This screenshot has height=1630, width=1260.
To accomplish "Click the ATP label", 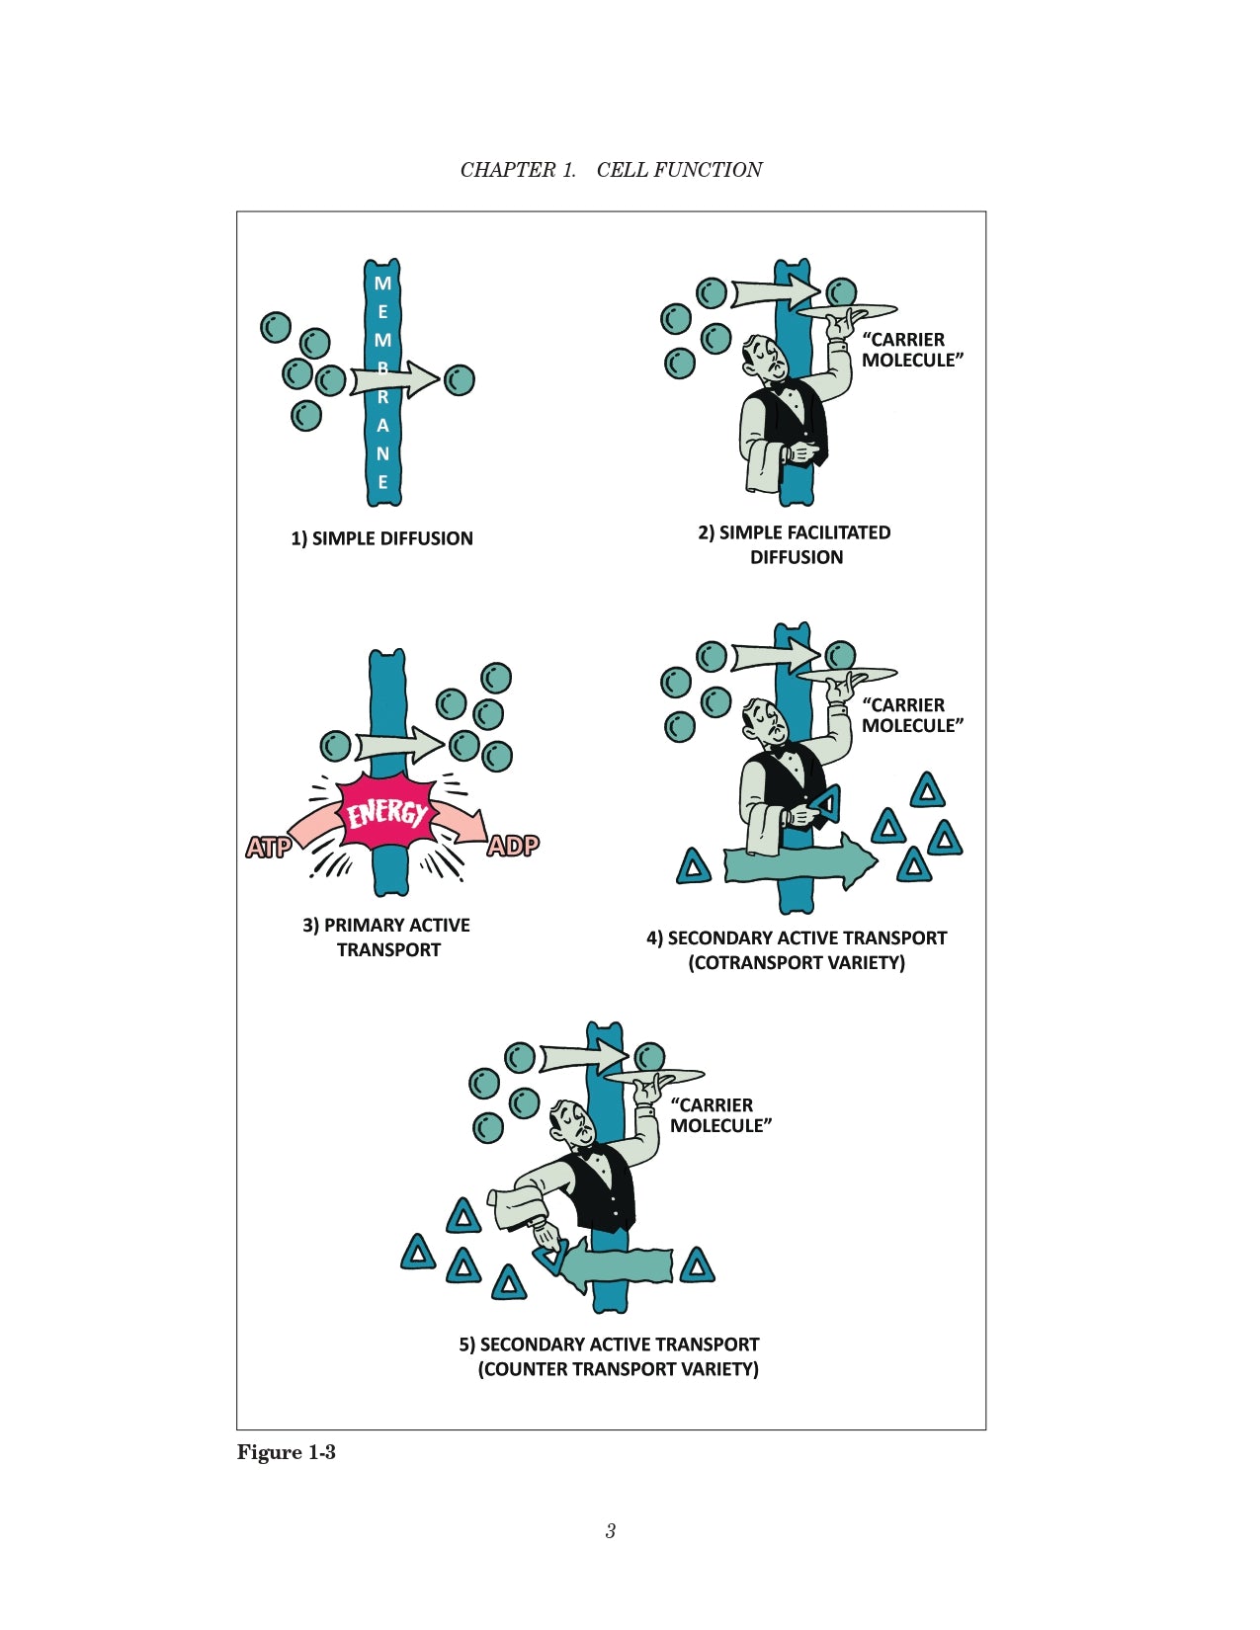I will (268, 847).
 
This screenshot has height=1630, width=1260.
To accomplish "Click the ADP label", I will (513, 846).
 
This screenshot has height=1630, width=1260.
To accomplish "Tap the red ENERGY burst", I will (386, 814).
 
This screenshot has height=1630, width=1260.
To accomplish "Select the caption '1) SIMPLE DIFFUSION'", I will (381, 538).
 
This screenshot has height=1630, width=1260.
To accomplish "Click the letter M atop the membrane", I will (382, 284).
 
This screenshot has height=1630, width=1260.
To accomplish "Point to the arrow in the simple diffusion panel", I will (393, 378).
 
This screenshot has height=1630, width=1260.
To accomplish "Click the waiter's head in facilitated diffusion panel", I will (765, 358).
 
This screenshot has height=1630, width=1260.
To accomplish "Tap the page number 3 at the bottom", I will (611, 1531).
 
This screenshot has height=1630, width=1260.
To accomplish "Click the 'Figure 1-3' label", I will (287, 1452).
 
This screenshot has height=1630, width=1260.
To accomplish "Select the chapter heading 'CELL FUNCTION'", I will (679, 170).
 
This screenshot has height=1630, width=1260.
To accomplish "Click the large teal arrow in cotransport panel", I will (799, 861).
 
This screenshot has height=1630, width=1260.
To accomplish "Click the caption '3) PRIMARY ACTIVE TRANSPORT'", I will (386, 937).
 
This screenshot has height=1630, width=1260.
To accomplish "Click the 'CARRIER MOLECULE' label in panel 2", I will (911, 350).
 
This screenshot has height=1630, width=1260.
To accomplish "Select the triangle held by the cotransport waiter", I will (826, 804).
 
